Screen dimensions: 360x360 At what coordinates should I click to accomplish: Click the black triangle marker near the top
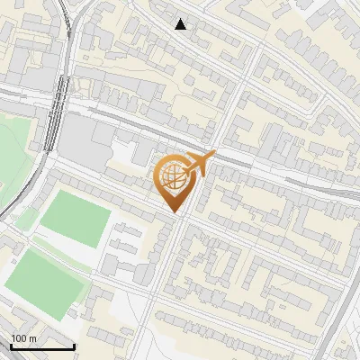[x=181, y=24]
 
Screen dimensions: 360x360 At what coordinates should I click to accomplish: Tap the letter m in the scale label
[x=33, y=338]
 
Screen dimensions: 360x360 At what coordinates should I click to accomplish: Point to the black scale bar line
[x=42, y=346]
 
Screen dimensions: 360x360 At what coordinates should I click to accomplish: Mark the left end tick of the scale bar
[x=12, y=346]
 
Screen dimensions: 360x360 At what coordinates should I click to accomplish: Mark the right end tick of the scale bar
[x=74, y=346]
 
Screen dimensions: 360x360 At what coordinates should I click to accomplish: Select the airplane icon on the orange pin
[x=197, y=165]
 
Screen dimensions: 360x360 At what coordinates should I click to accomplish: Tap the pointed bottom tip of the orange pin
[x=175, y=213]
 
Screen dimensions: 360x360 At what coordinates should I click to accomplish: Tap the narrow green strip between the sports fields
[x=61, y=251]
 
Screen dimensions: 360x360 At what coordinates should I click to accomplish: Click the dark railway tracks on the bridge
[x=54, y=108]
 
